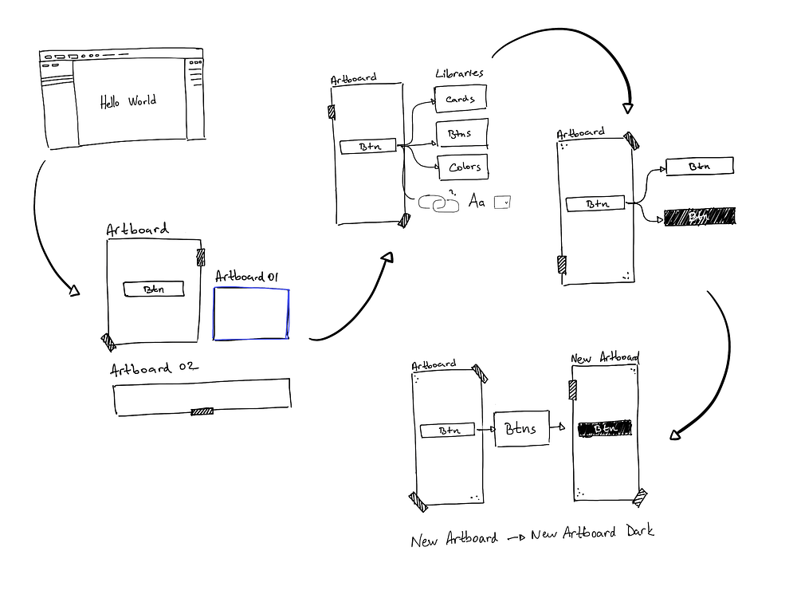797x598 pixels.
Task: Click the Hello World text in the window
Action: click(128, 101)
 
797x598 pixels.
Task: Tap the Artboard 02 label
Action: click(152, 369)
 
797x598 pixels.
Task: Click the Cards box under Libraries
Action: click(461, 100)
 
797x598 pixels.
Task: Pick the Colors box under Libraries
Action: click(463, 167)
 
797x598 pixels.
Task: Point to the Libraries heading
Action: click(459, 73)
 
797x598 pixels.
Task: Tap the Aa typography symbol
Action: click(477, 203)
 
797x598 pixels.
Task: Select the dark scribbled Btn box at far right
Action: click(699, 216)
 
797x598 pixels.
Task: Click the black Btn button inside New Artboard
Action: click(605, 428)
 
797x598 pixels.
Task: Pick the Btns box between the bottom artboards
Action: click(523, 429)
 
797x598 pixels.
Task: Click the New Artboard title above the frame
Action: click(605, 358)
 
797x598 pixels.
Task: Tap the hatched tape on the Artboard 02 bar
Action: click(202, 411)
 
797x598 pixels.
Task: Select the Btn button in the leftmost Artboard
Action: click(153, 289)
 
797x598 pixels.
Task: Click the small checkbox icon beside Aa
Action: click(501, 203)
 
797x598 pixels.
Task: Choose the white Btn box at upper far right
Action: click(699, 166)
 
